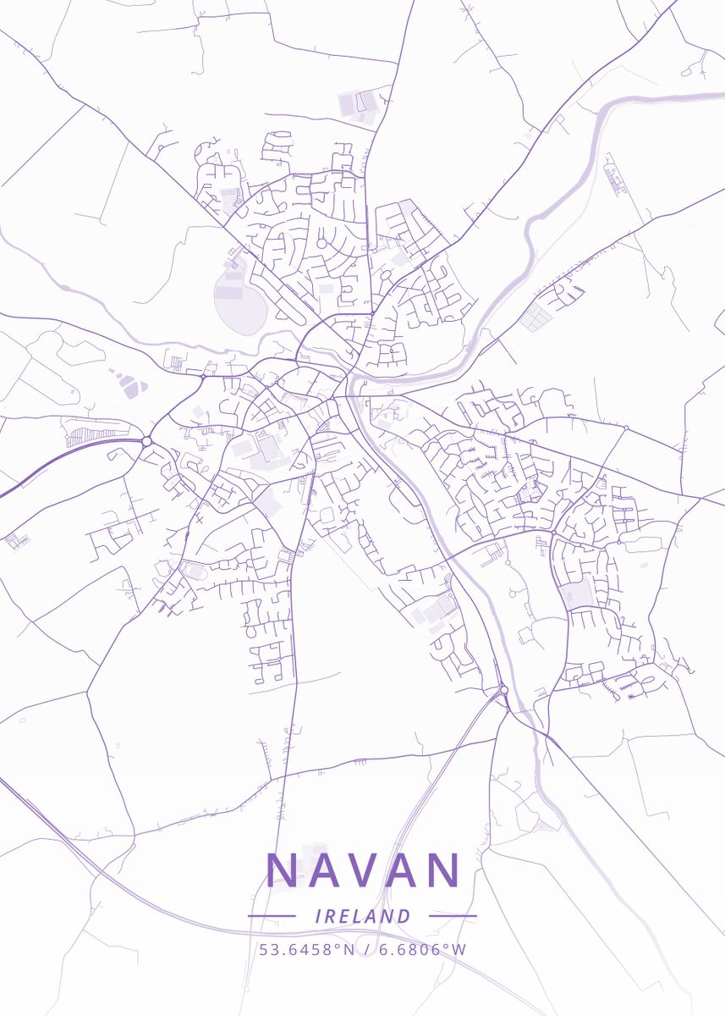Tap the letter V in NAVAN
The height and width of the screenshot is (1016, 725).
[x=365, y=870]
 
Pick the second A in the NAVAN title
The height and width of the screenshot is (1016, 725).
[x=403, y=870]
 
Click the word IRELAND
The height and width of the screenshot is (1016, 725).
[x=362, y=916]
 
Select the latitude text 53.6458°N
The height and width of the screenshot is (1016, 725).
[x=307, y=949]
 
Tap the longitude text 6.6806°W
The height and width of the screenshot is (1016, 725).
[x=422, y=949]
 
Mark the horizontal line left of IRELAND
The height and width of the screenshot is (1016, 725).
[x=272, y=916]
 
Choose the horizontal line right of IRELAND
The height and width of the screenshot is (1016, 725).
[x=453, y=916]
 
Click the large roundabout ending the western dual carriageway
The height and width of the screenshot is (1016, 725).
[x=146, y=441]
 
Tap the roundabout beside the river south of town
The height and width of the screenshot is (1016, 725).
[x=503, y=690]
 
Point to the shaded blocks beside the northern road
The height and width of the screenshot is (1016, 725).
[x=357, y=105]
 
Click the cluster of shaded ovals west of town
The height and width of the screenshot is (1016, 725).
[x=128, y=385]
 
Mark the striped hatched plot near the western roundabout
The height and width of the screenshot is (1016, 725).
[x=88, y=435]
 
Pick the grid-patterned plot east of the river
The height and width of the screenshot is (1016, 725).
[x=534, y=318]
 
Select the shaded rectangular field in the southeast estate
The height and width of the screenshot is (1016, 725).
[x=576, y=594]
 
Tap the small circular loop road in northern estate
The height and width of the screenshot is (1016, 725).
[x=321, y=244]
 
